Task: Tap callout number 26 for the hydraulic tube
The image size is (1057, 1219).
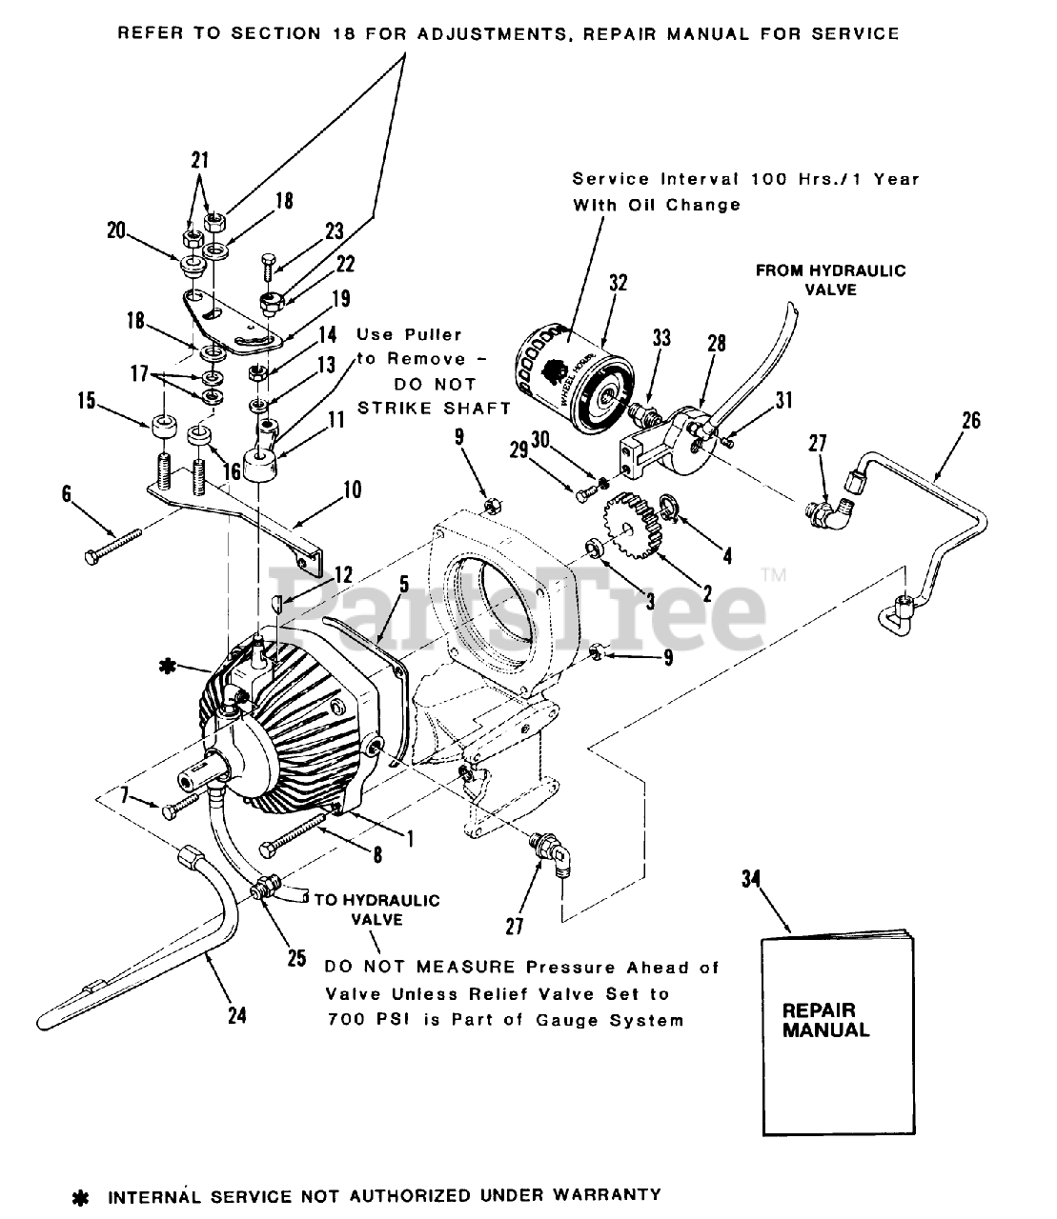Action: [970, 419]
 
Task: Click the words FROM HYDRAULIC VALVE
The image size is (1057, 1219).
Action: [830, 279]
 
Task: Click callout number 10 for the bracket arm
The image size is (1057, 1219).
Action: [352, 490]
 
